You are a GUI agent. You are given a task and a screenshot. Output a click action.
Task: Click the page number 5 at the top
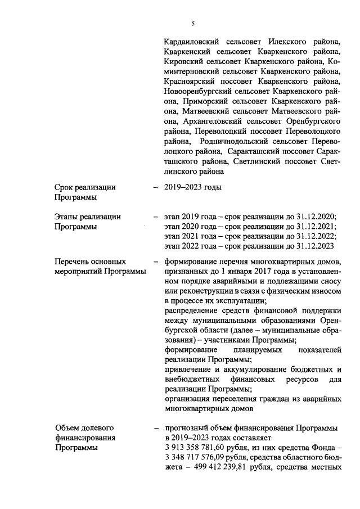click(x=193, y=23)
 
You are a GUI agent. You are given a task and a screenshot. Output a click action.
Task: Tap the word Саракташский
click(x=254, y=151)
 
